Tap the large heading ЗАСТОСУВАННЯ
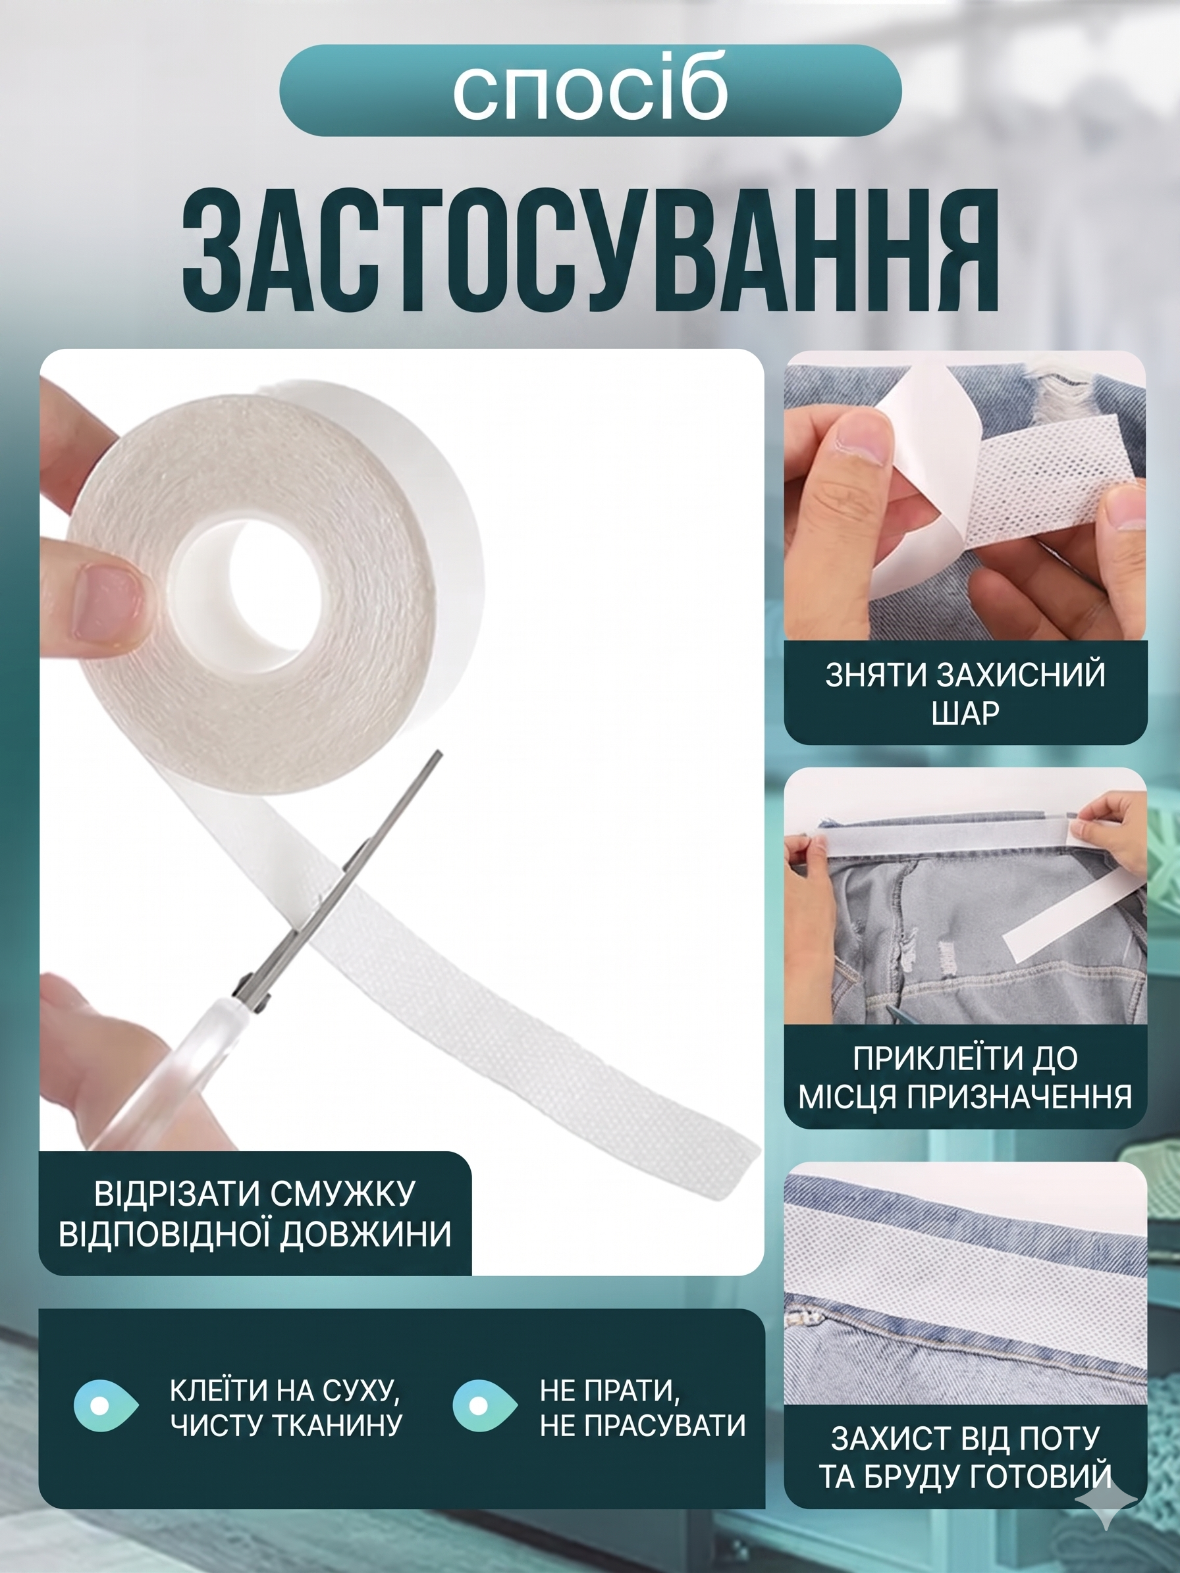coord(591,249)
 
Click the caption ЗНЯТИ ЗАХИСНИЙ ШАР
coord(965,693)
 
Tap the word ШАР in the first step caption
coord(965,713)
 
